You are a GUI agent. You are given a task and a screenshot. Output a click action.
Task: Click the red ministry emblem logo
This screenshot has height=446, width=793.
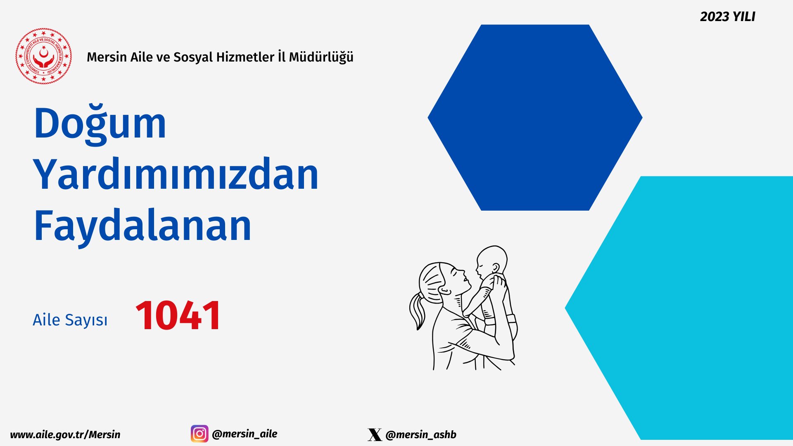[43, 56]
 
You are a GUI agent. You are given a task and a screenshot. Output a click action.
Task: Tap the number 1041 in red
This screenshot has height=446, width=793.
[178, 316]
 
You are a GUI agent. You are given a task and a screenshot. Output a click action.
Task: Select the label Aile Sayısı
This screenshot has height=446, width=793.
[70, 320]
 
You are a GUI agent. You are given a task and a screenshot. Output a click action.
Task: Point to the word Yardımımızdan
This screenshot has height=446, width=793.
[176, 175]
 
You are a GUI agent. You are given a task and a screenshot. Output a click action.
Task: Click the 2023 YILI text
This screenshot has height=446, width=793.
[728, 17]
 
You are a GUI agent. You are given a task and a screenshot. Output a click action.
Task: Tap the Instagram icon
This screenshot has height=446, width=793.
[199, 434]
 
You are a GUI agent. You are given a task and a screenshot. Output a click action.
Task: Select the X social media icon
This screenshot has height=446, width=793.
[375, 434]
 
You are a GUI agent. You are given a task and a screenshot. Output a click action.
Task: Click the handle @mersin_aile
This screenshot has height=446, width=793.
[245, 434]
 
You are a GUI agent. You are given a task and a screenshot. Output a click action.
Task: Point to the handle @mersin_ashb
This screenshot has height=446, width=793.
[421, 435]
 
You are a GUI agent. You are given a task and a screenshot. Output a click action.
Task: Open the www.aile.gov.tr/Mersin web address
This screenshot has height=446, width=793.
[65, 435]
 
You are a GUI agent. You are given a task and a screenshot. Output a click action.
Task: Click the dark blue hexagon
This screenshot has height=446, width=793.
[535, 118]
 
